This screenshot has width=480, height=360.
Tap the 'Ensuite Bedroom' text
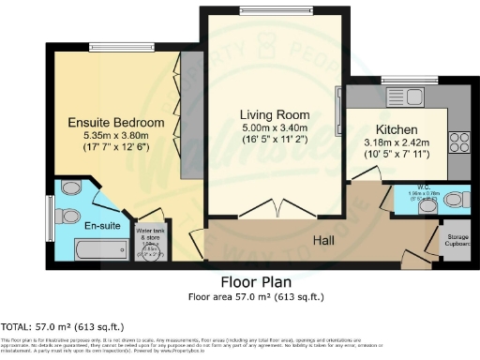[x=117, y=123]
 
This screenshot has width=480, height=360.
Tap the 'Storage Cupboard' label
[x=457, y=241]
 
